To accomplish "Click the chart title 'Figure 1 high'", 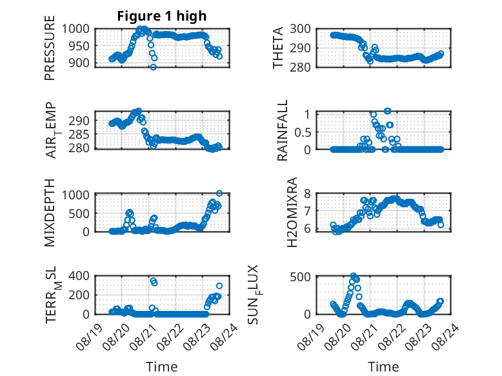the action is click(x=162, y=16).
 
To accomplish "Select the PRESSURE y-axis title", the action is click(x=50, y=48).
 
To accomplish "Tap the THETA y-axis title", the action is click(x=278, y=48).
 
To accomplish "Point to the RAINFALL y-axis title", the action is click(x=283, y=130).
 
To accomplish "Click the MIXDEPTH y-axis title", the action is click(x=50, y=213).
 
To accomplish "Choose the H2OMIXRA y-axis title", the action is click(x=292, y=212).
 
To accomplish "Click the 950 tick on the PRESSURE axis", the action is click(x=79, y=46).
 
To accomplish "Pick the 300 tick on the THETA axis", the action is click(x=300, y=29).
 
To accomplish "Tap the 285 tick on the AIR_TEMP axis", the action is click(x=79, y=134).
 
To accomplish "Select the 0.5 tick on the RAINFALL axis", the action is click(x=303, y=132).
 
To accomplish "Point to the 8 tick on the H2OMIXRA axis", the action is click(x=308, y=193).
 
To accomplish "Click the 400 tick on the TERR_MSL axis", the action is click(x=79, y=275).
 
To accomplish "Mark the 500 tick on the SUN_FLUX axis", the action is click(x=300, y=277).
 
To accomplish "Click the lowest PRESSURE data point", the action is click(x=154, y=67).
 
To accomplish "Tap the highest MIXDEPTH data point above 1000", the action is click(x=219, y=193).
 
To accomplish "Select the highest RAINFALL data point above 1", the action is click(x=388, y=111).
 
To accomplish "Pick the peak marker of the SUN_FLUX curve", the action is click(x=353, y=275).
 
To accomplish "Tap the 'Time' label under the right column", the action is click(x=383, y=367).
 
